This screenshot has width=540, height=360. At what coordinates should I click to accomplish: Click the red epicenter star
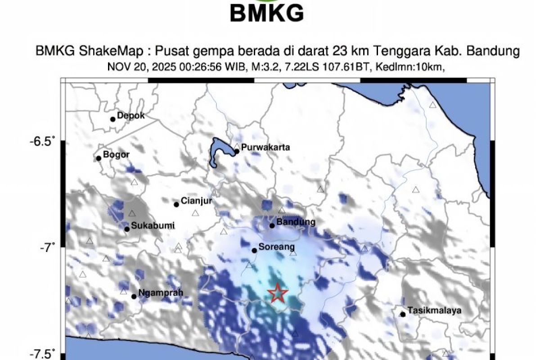point(278,293)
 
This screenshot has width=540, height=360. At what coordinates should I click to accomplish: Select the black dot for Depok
point(113,119)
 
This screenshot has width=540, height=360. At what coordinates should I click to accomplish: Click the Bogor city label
point(116,155)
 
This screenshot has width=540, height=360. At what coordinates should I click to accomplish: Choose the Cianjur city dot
point(176,204)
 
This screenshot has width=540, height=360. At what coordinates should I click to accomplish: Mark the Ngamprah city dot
point(134,296)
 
